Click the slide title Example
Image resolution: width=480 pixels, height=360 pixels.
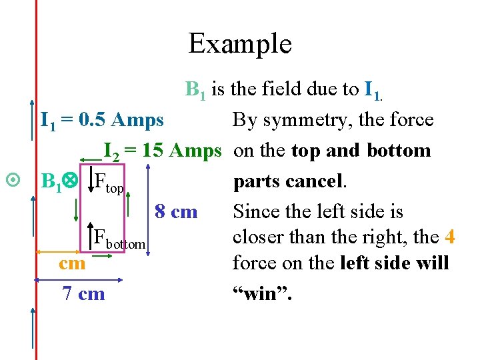(240, 43)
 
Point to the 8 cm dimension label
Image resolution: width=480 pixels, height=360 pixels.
(176, 212)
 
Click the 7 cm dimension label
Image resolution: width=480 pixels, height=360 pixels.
(83, 293)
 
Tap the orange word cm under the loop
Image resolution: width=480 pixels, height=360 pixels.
(72, 263)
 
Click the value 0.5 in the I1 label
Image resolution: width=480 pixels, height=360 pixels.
(93, 120)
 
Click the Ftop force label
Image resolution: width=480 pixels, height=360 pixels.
(109, 181)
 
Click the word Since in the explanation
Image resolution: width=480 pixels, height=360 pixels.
(256, 212)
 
